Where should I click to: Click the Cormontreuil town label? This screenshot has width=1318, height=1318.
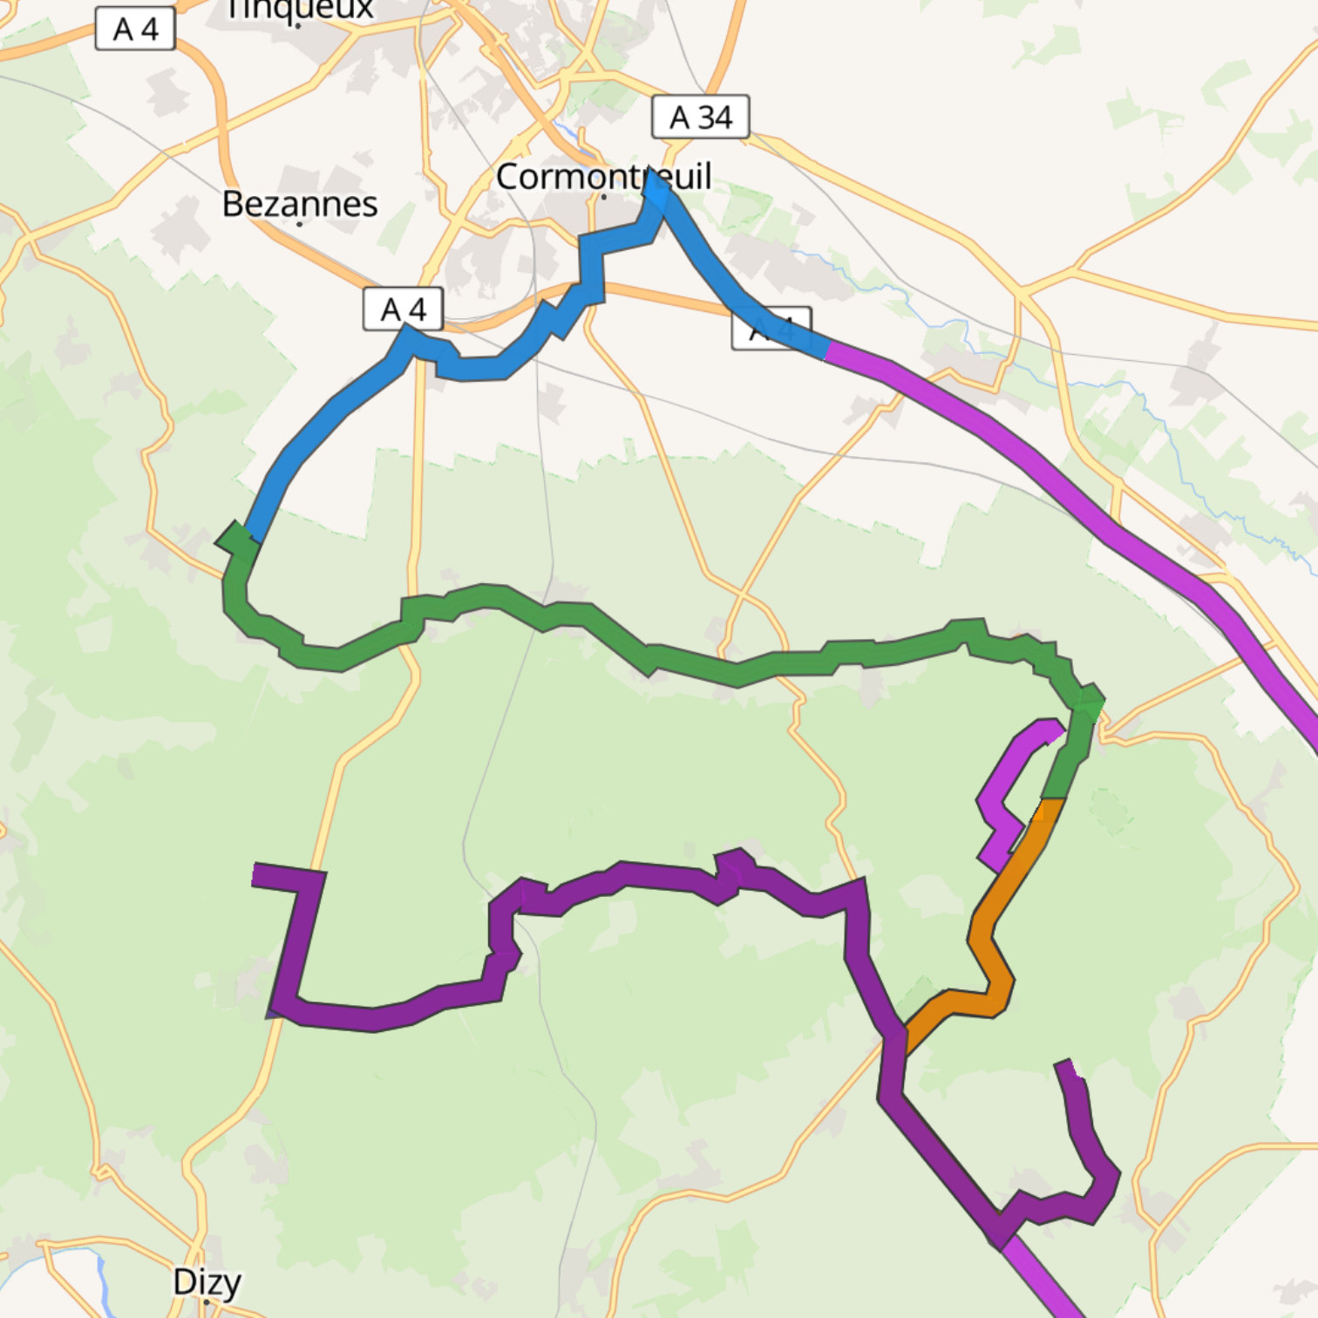[x=603, y=177]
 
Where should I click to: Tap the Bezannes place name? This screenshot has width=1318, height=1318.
[x=300, y=204]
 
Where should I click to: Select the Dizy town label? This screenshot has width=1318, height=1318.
[x=207, y=1282]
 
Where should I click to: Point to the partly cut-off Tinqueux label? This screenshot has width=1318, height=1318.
[x=299, y=9]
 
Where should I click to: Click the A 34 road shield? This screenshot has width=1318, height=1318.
[x=700, y=117]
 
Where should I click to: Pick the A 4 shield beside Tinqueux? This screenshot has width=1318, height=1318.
[x=135, y=29]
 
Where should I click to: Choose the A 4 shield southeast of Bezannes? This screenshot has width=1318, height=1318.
[x=403, y=309]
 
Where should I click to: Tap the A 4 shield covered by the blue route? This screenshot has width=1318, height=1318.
[x=772, y=329]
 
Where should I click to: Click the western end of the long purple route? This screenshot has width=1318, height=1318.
[x=255, y=874]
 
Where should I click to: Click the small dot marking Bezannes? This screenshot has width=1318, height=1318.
[x=300, y=224]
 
